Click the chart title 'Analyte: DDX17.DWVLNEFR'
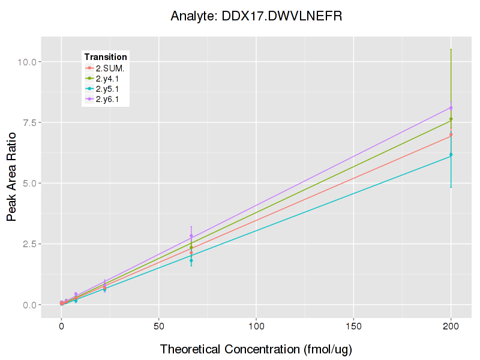click(x=256, y=16)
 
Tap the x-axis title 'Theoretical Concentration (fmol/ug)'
click(x=256, y=349)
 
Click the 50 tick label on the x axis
click(x=158, y=326)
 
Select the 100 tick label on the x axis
click(x=256, y=326)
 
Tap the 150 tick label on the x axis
click(x=353, y=326)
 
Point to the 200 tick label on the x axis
click(x=451, y=326)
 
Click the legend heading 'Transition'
click(x=105, y=57)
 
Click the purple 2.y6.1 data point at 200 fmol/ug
click(x=451, y=108)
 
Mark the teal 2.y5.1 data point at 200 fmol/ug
click(x=451, y=155)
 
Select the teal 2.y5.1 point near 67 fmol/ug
click(x=191, y=260)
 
